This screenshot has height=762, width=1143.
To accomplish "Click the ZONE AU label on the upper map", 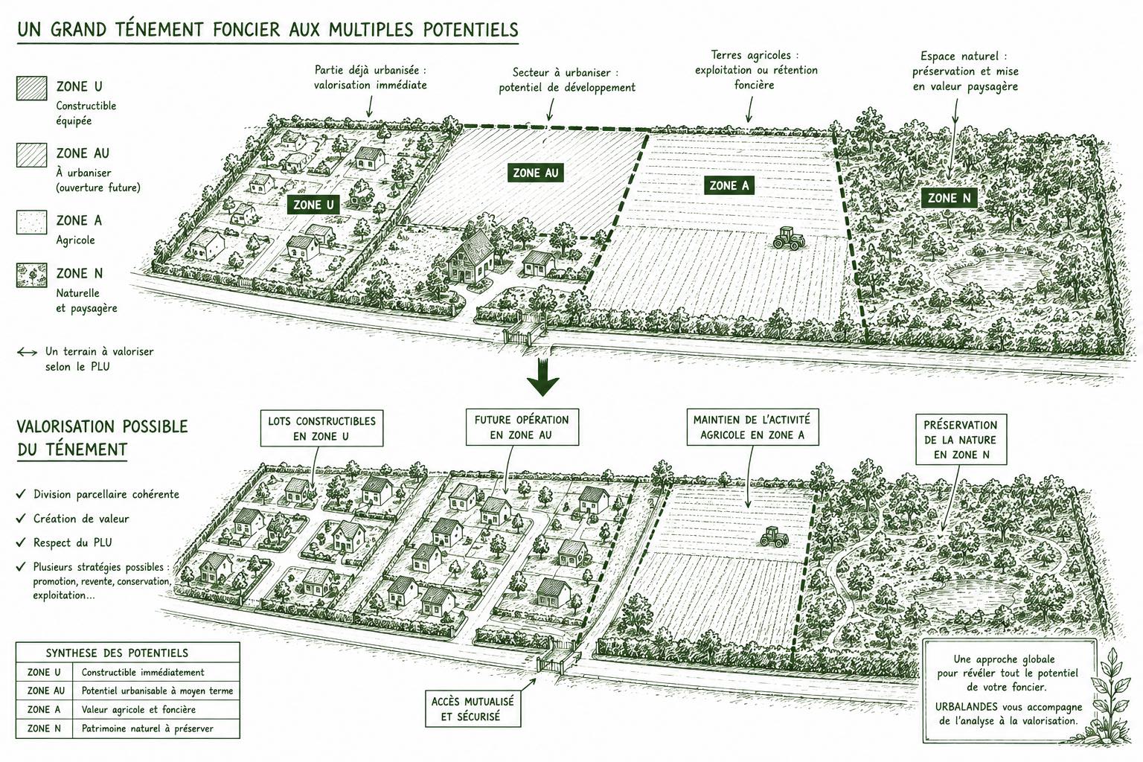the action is point(535,173).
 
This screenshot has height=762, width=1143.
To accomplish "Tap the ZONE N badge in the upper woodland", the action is point(949,198).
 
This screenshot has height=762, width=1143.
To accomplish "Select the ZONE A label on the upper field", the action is point(729,186).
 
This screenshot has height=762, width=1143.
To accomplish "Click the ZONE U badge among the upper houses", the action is point(313,205).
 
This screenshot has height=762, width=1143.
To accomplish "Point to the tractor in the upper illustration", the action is point(789,238).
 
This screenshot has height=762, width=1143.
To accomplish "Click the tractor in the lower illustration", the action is point(774,537).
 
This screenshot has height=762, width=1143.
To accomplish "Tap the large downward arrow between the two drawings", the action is point(543,378).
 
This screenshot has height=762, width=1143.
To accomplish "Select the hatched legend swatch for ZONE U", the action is point(32,89).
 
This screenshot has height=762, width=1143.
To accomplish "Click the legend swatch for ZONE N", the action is point(32,275).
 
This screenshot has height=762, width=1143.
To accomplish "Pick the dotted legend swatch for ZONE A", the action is point(32,222).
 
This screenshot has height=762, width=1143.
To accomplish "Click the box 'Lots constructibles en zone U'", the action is point(321,429).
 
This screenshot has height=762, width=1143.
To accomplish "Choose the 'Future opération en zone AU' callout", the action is point(522,427).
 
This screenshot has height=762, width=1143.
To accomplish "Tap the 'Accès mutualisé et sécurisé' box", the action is point(473,709).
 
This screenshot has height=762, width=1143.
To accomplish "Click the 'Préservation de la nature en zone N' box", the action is point(961,440).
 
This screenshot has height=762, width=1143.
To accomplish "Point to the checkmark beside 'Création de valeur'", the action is point(21,518).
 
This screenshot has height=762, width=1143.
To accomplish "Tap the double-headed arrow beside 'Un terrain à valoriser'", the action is point(27,352).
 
